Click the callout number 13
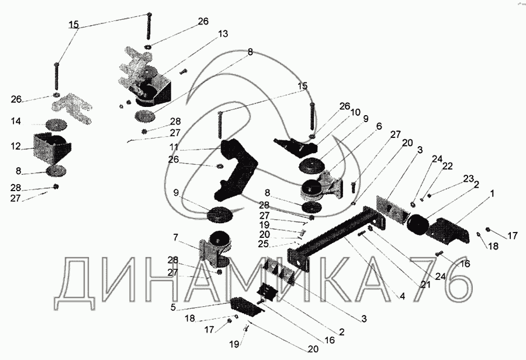(x=223, y=34)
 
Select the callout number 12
(x=15, y=147)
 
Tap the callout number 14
(x=15, y=121)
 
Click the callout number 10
(x=355, y=112)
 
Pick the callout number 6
(x=379, y=126)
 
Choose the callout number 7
(x=175, y=237)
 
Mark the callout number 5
(x=173, y=307)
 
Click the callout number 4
(x=402, y=296)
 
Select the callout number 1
(x=492, y=193)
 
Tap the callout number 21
(x=425, y=285)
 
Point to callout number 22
(x=448, y=166)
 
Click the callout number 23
(x=468, y=178)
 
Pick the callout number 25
(x=264, y=244)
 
